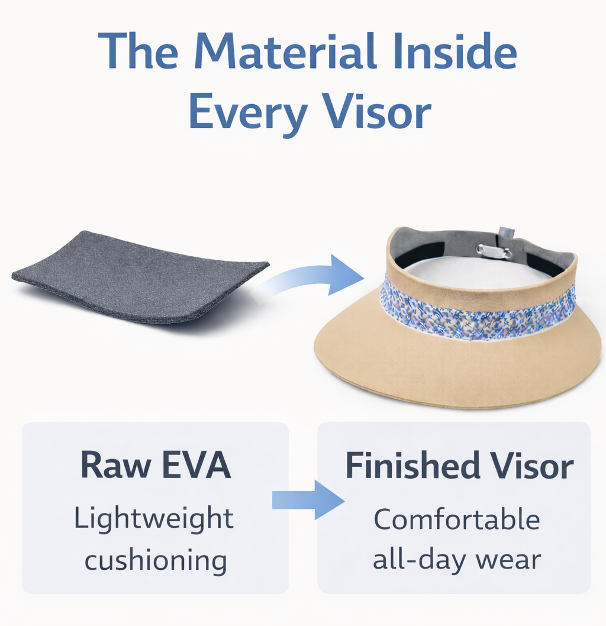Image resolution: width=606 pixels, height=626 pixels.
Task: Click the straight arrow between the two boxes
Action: coord(308,500)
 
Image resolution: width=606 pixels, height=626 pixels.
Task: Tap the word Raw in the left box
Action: coord(116,464)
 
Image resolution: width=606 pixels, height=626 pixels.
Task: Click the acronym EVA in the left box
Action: coord(197,464)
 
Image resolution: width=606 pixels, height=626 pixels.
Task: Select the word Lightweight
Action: coord(154,518)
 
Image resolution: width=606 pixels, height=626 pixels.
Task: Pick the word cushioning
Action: coord(156,560)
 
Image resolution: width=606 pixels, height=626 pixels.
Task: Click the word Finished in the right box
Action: coord(412,466)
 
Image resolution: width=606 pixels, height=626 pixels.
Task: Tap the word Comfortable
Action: coord(457,519)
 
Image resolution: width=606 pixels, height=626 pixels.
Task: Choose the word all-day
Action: coord(419,560)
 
